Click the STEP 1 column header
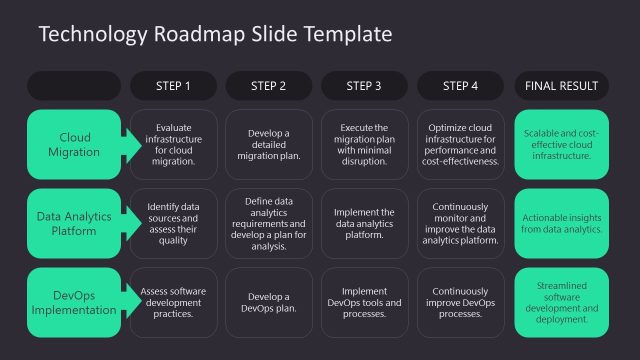[173, 86]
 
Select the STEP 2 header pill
[269, 86]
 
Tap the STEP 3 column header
[364, 86]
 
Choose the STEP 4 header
[460, 86]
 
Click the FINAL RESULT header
[561, 86]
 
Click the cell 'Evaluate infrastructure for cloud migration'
[173, 144]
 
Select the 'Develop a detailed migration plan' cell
[269, 144]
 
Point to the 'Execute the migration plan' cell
[364, 144]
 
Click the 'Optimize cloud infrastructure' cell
[460, 144]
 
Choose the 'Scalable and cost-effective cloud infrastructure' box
[561, 144]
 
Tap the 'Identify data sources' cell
[173, 223]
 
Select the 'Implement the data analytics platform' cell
[364, 223]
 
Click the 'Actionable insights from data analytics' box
[561, 223]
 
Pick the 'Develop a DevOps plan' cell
[269, 301]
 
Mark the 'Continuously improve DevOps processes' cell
[460, 301]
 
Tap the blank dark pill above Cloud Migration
[75, 86]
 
